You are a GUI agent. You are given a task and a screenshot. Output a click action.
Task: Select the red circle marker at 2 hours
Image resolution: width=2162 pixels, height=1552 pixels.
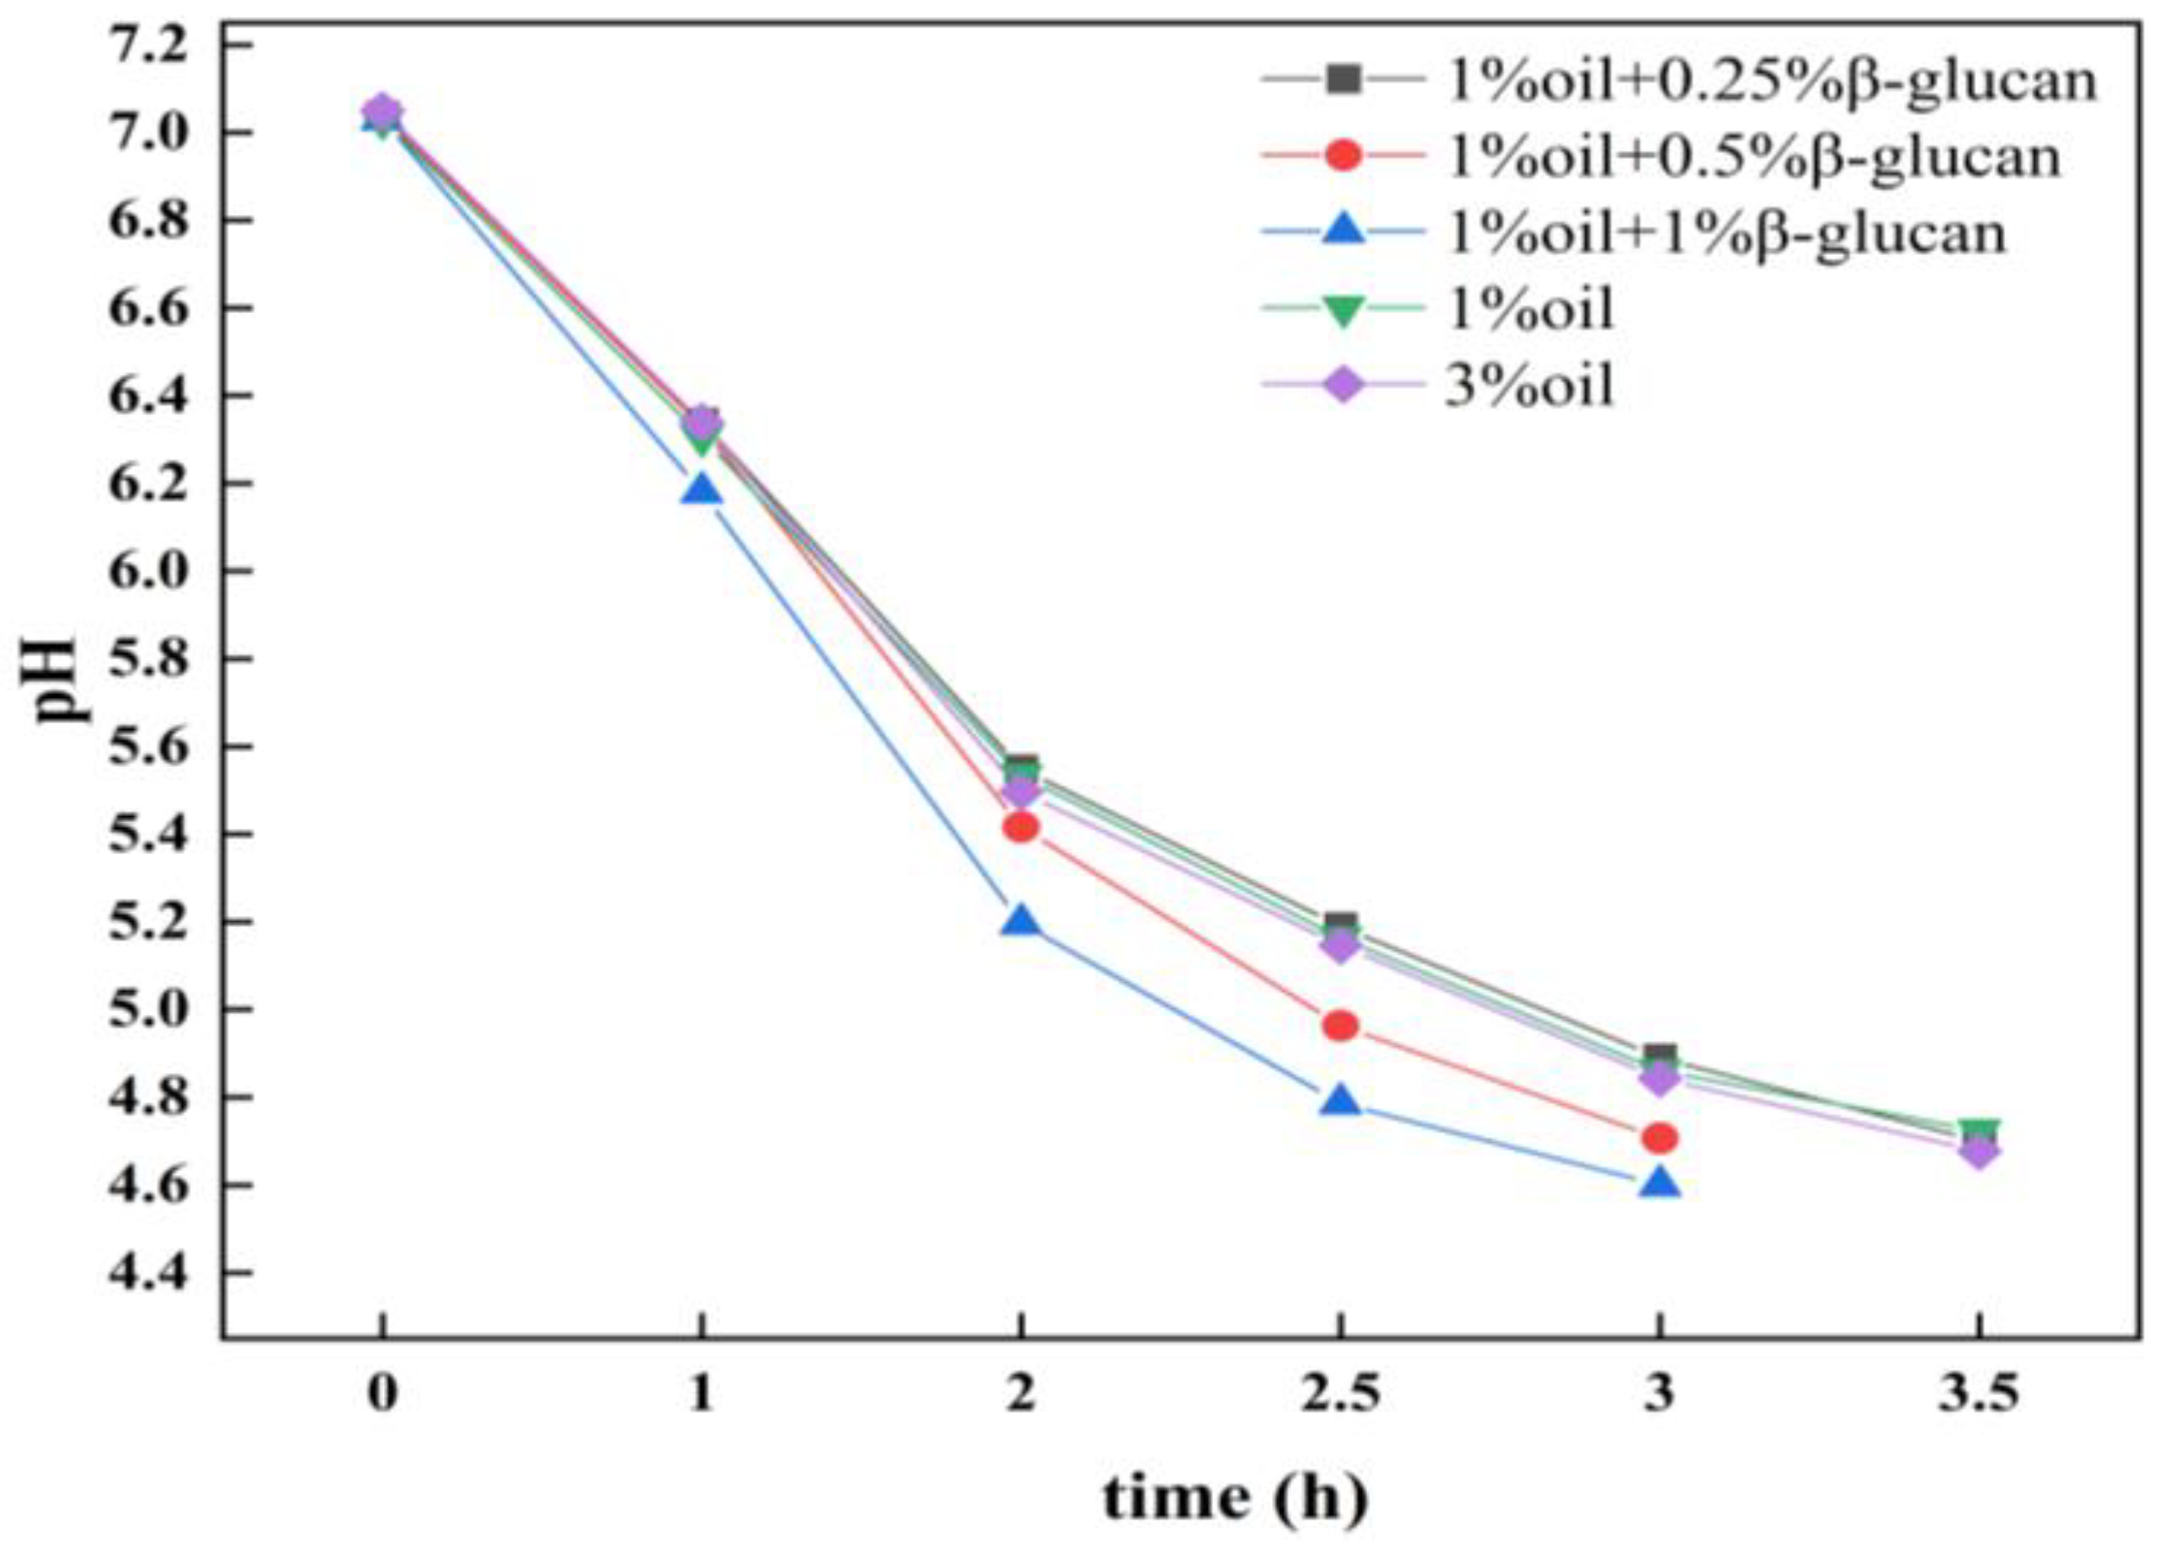1020,827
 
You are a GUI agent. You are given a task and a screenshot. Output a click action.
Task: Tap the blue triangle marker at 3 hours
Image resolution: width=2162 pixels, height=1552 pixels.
1659,1184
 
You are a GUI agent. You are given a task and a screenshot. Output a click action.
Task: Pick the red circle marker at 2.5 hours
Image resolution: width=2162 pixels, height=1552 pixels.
1340,1026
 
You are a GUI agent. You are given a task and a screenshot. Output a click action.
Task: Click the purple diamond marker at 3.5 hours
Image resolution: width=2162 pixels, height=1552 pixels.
1979,1152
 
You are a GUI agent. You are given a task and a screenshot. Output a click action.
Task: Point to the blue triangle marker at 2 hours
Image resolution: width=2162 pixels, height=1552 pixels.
1020,922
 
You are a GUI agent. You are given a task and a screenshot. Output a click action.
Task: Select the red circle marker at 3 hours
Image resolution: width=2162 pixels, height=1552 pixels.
1659,1137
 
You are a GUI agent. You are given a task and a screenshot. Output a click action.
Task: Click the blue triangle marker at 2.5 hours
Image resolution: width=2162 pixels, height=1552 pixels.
1340,1102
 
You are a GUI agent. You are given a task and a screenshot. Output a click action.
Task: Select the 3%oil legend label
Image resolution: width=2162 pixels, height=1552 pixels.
1530,386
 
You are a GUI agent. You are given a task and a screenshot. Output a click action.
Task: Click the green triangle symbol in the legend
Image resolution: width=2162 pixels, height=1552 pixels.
1343,311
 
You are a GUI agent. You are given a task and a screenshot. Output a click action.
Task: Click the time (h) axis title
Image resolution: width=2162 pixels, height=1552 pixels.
1234,1498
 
